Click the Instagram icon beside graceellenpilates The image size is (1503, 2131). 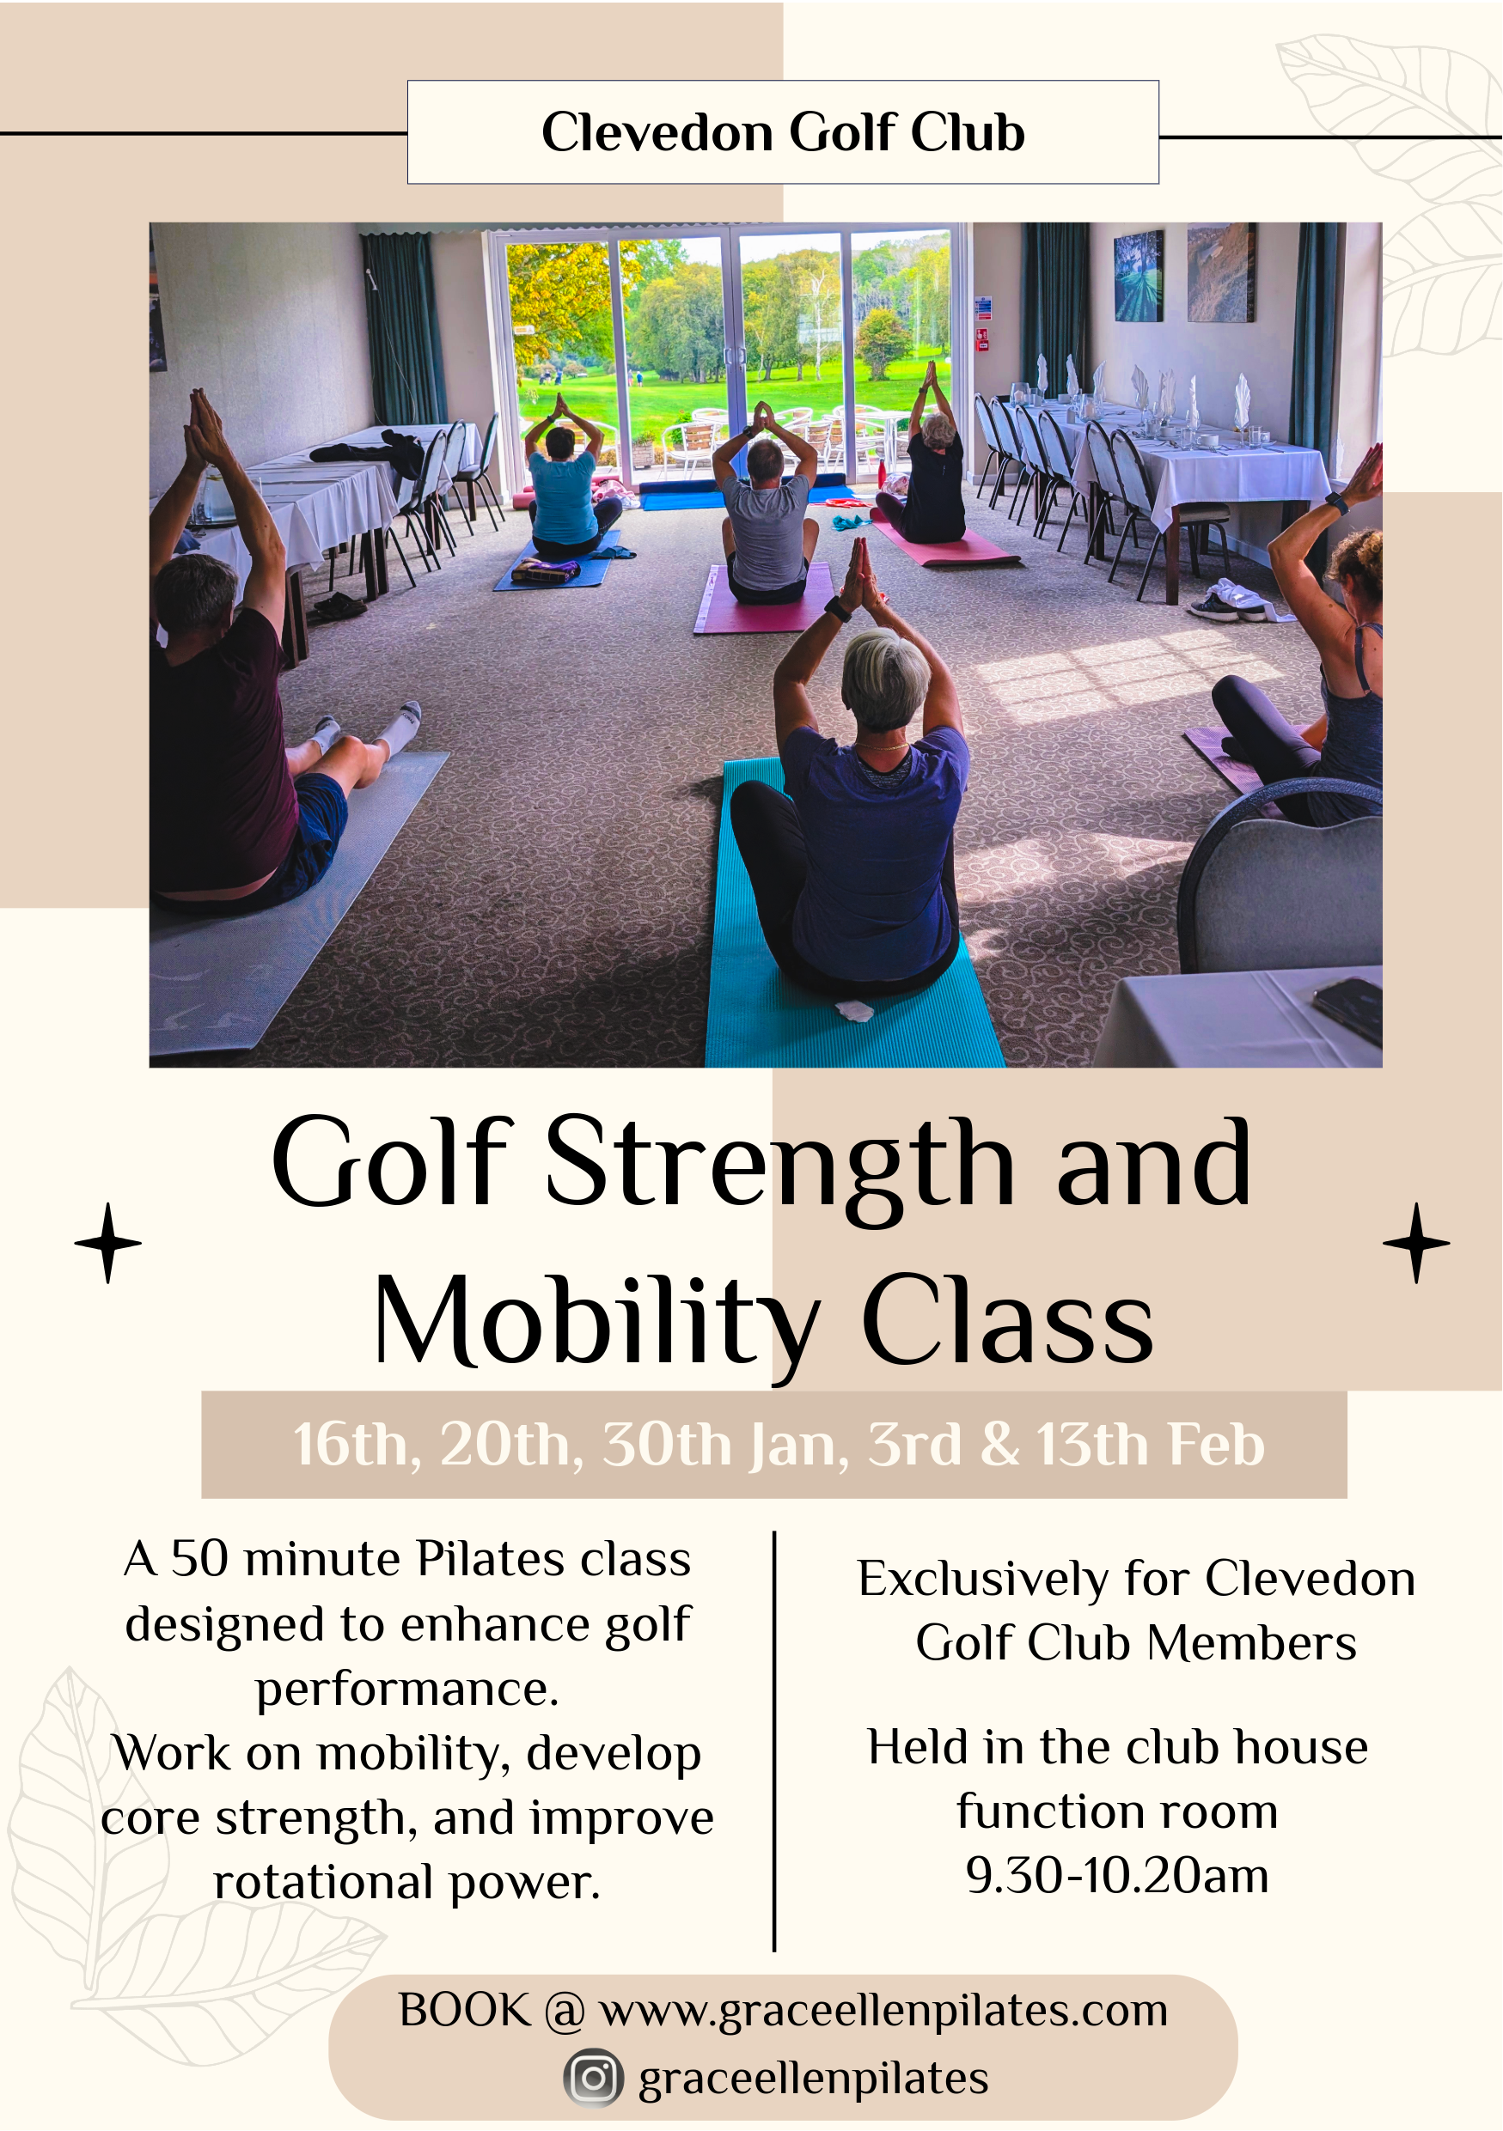pyautogui.click(x=593, y=2078)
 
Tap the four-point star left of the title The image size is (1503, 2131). pyautogui.click(x=107, y=1243)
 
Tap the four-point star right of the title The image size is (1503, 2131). pyautogui.click(x=1415, y=1243)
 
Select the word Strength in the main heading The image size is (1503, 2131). pyautogui.click(x=779, y=1165)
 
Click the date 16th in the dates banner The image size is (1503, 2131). pyautogui.click(x=351, y=1445)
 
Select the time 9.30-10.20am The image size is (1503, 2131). pyautogui.click(x=1117, y=1876)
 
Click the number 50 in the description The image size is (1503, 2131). pyautogui.click(x=199, y=1558)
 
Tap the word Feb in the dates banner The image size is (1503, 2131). pyautogui.click(x=1216, y=1445)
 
